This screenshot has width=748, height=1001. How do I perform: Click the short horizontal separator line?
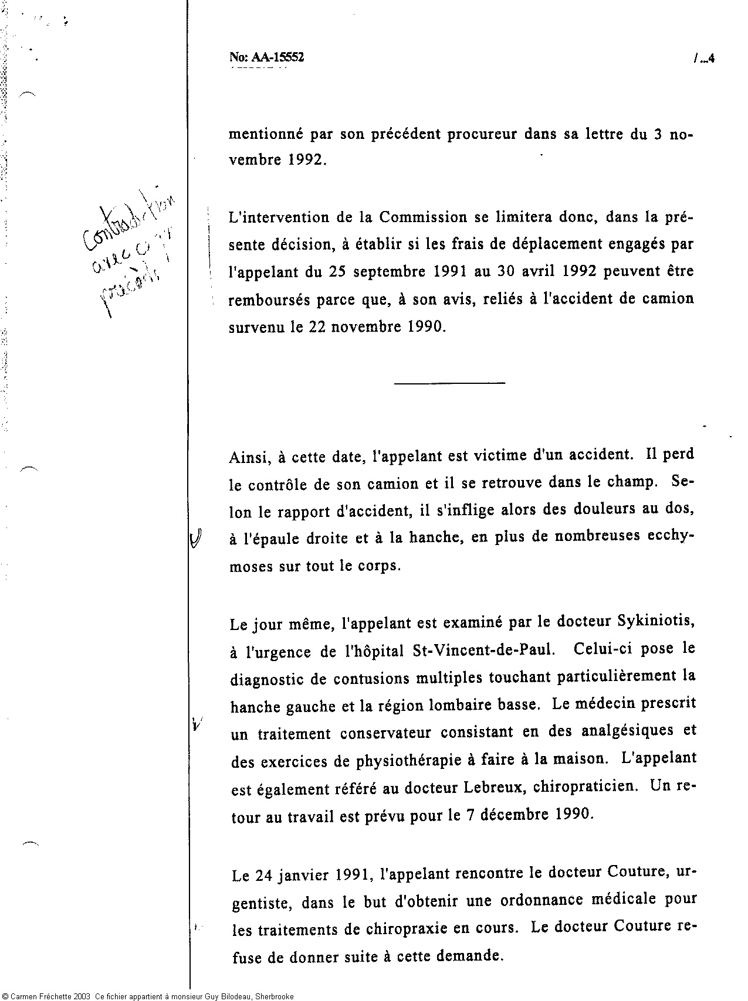pyautogui.click(x=450, y=383)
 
